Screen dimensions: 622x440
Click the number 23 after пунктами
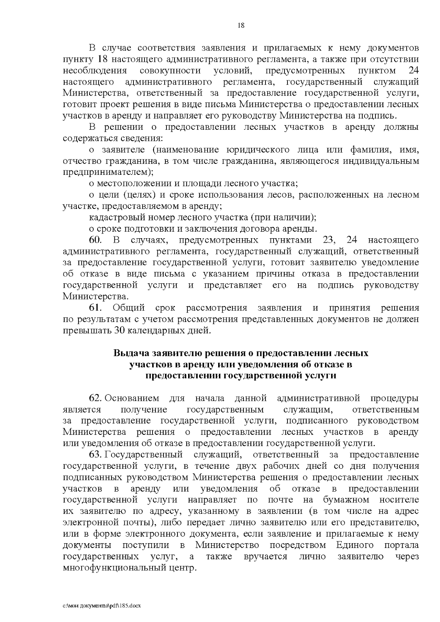click(x=330, y=240)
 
